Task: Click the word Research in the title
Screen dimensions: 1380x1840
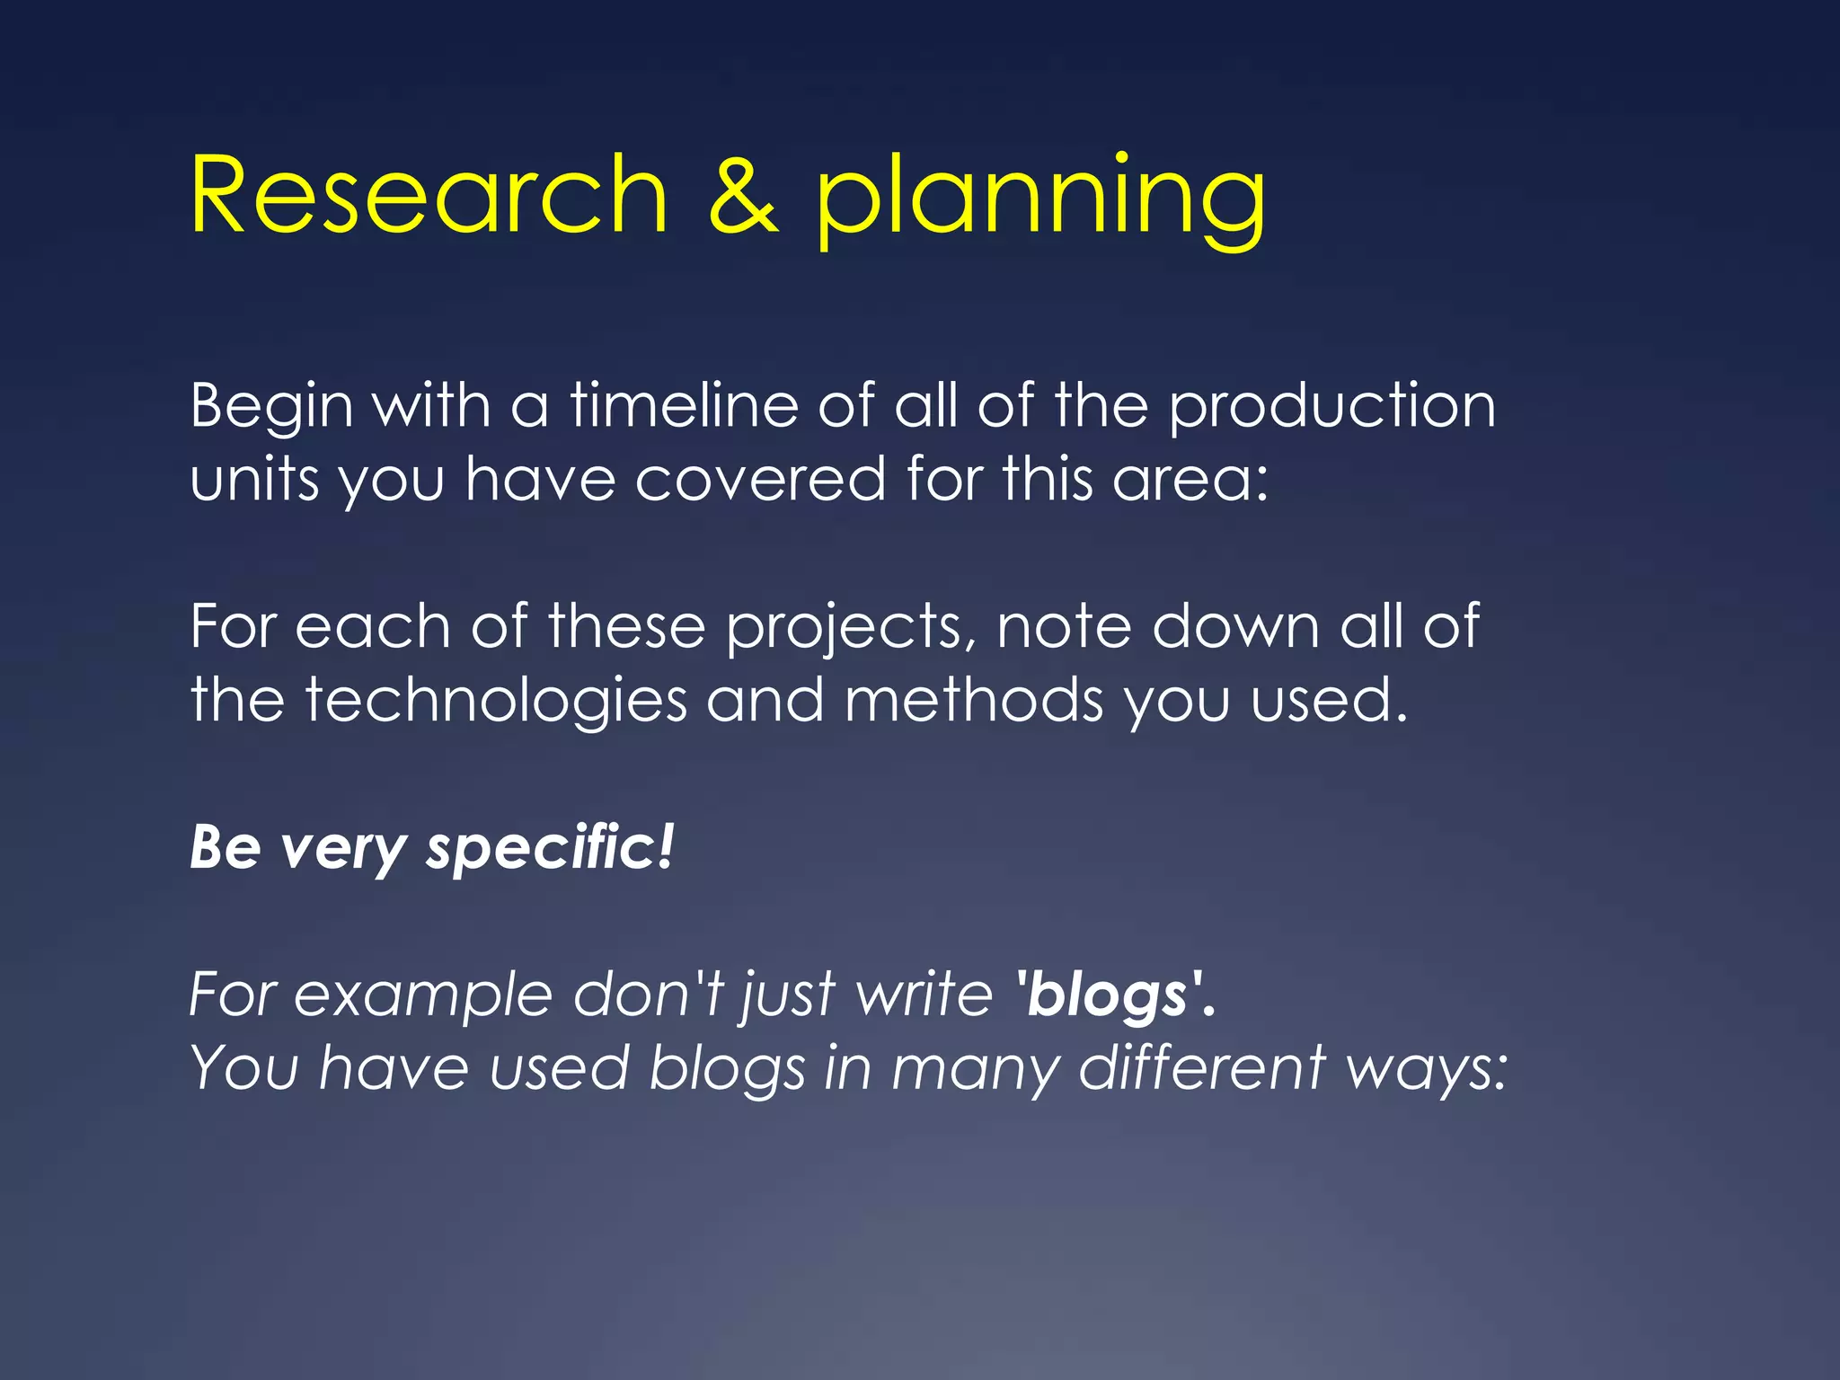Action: (429, 195)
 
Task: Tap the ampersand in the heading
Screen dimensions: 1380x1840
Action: (742, 195)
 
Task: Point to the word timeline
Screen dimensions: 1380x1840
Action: (684, 405)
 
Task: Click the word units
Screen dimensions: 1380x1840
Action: (254, 479)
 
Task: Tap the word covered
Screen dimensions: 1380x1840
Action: (760, 479)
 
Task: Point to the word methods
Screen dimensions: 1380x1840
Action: (973, 700)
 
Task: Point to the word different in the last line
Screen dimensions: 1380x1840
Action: (1202, 1068)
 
